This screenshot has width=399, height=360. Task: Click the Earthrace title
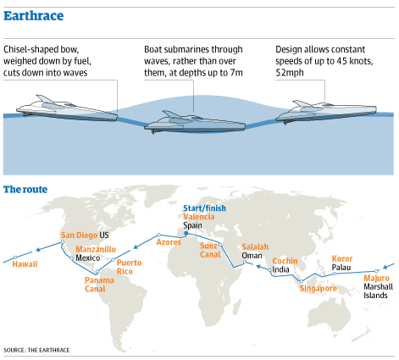coord(34,16)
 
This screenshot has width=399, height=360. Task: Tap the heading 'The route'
coord(25,189)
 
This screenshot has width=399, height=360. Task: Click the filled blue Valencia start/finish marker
coord(186,233)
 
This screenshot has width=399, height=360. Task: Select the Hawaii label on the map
coord(25,264)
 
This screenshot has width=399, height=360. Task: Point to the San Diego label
coord(79,235)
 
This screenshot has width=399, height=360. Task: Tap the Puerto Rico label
coord(129,267)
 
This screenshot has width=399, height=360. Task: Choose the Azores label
coord(169,242)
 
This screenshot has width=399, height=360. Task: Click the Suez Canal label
coord(210,250)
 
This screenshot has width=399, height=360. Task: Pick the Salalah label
coord(255,246)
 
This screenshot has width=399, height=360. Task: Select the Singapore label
coord(319,289)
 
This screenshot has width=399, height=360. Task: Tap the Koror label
coord(342,258)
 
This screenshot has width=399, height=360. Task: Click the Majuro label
coord(376,279)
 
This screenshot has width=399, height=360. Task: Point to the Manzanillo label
coord(96,249)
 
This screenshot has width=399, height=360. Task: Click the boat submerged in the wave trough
coord(195,122)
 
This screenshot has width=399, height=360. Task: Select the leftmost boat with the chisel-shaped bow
coord(67,108)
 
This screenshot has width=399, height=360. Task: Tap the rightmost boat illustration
coord(326,112)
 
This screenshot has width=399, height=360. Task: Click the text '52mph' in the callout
coord(290,73)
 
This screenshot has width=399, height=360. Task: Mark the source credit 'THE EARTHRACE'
coord(48,350)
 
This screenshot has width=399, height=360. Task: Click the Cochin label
coord(285,261)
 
